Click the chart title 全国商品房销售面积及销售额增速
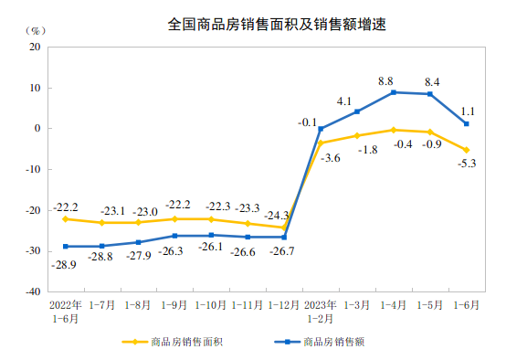coord(264,25)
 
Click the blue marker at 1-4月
coord(394,92)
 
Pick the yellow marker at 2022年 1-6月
coord(65,219)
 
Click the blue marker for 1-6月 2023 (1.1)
coord(467,124)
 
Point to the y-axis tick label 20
coord(36,47)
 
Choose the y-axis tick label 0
coord(38,129)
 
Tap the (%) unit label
coord(26,30)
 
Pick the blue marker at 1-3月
coord(357,111)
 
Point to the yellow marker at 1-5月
coord(430,132)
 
